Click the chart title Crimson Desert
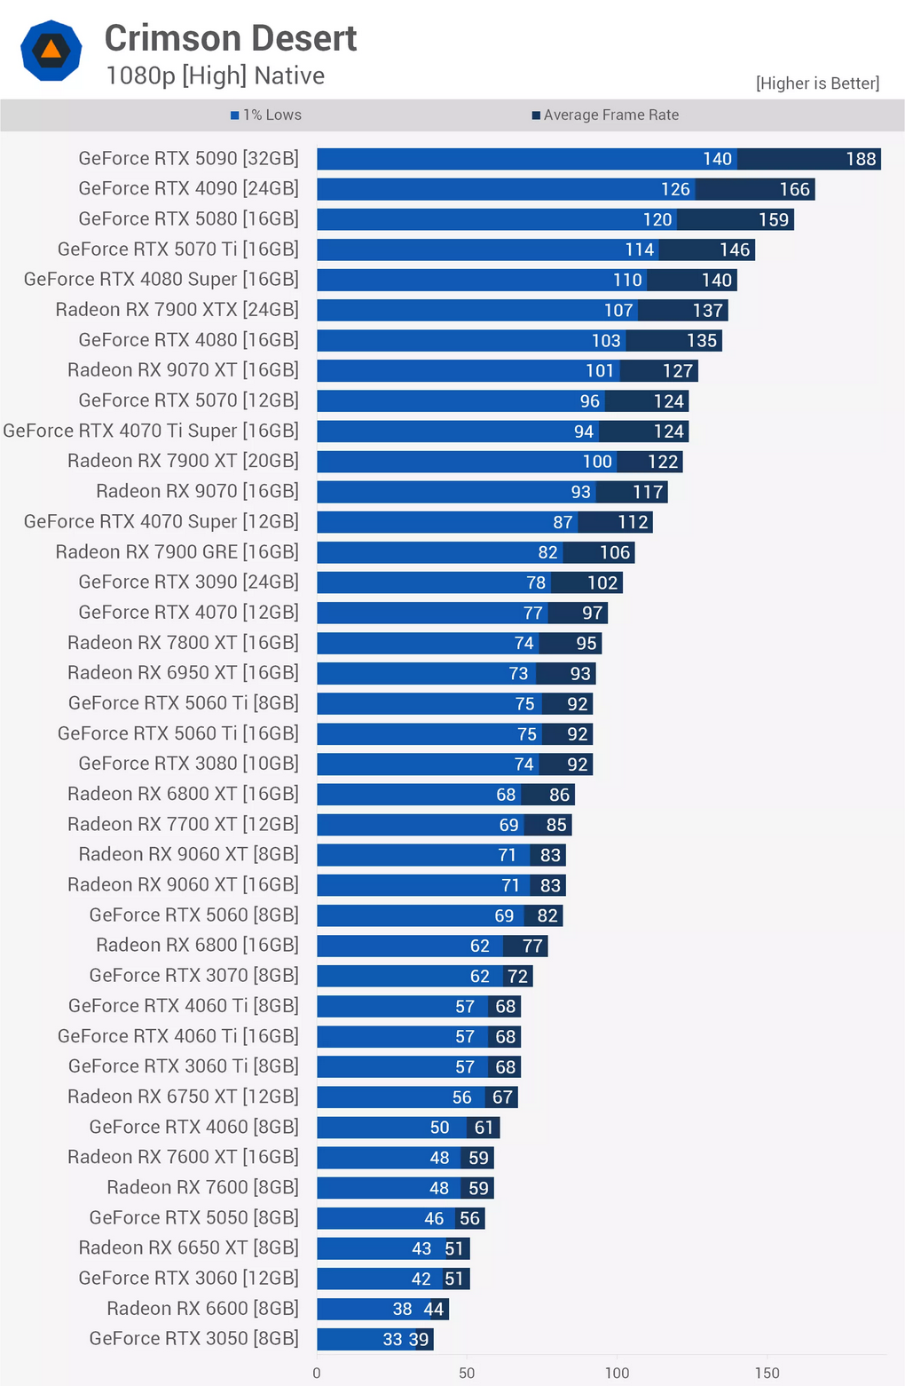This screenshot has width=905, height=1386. pyautogui.click(x=231, y=38)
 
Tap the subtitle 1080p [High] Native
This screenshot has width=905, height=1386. pyautogui.click(x=215, y=76)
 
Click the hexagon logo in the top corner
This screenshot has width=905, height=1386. pyautogui.click(x=51, y=51)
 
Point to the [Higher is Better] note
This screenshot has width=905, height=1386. pyautogui.click(x=817, y=83)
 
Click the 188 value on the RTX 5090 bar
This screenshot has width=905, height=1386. pyautogui.click(x=861, y=159)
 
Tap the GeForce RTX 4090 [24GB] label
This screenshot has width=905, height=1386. pyautogui.click(x=188, y=188)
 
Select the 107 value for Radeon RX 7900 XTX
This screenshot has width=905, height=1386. pyautogui.click(x=618, y=310)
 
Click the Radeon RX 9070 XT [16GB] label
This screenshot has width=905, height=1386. pyautogui.click(x=183, y=369)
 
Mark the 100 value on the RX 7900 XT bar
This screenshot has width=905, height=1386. pyautogui.click(x=597, y=462)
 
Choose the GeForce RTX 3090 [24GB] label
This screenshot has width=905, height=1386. pyautogui.click(x=188, y=582)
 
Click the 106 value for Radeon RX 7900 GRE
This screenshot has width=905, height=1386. pyautogui.click(x=615, y=552)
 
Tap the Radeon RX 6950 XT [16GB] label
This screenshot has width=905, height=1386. pyautogui.click(x=183, y=672)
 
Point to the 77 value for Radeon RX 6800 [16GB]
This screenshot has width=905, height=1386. pyautogui.click(x=532, y=946)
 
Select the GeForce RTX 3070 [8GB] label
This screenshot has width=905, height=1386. pyautogui.click(x=193, y=975)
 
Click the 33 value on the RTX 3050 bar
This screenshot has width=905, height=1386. pyautogui.click(x=392, y=1339)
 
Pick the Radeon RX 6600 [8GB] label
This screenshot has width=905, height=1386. pyautogui.click(x=202, y=1308)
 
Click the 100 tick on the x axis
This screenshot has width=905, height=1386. pyautogui.click(x=617, y=1373)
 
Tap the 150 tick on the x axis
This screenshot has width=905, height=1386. pyautogui.click(x=767, y=1373)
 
